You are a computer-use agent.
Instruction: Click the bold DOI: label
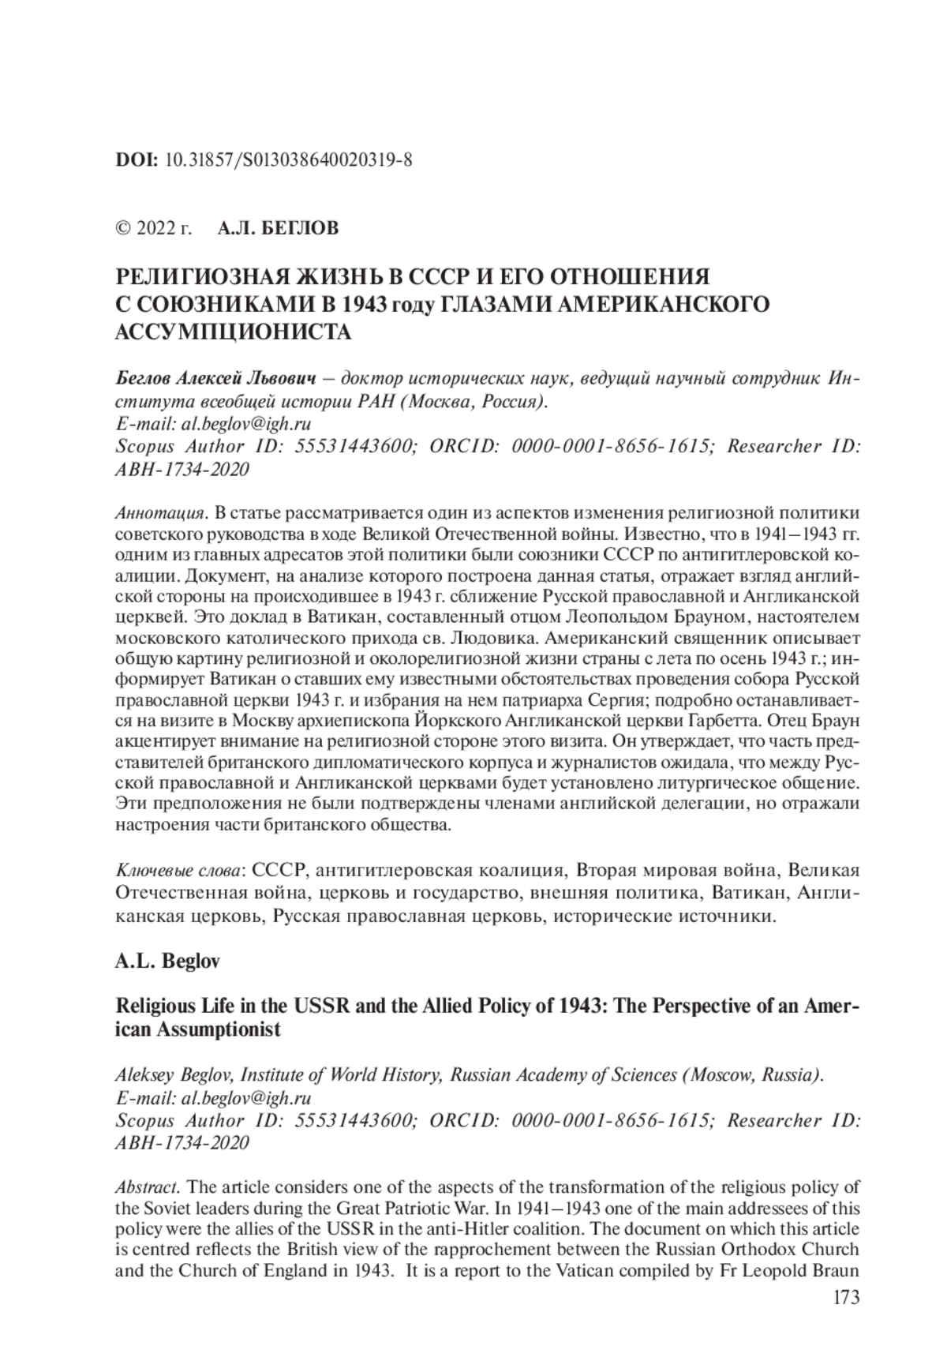coord(137,160)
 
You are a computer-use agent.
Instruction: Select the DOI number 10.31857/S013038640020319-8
coord(289,160)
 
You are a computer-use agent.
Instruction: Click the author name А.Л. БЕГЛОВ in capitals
coord(278,229)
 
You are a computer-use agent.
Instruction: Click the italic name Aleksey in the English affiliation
coord(145,1075)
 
